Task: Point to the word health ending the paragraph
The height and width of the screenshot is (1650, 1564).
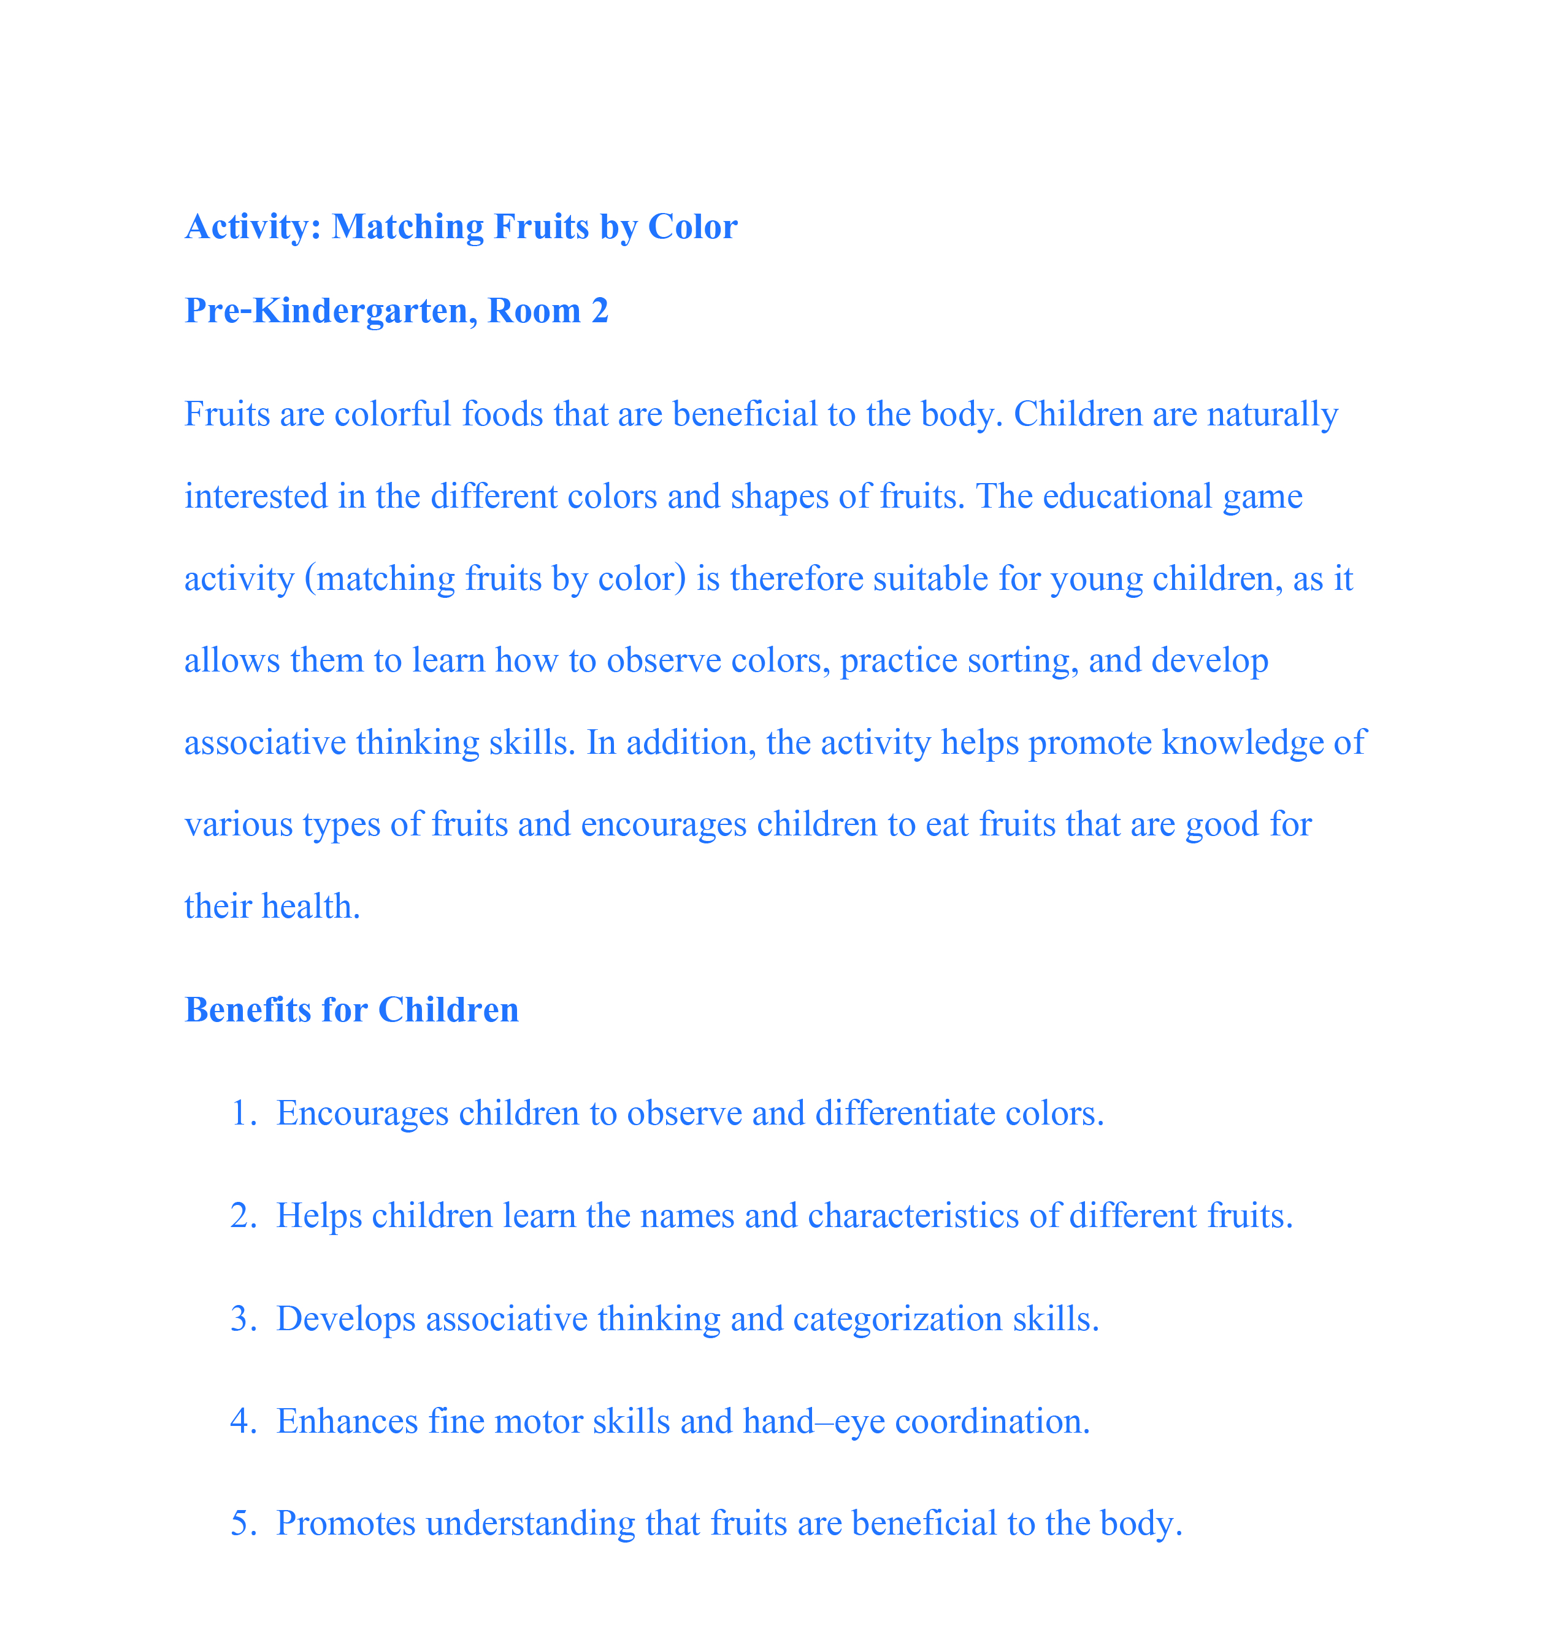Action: pos(311,907)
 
